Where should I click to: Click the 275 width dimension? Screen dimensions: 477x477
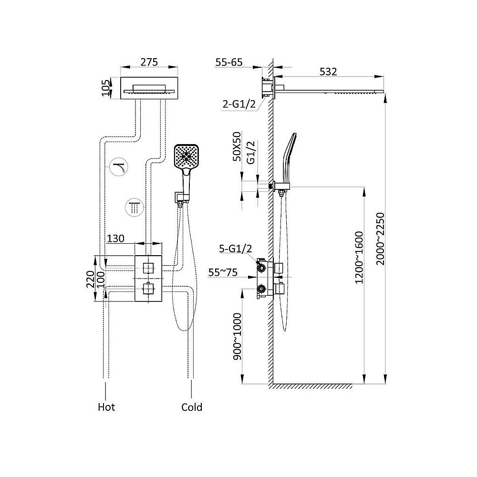click(x=149, y=62)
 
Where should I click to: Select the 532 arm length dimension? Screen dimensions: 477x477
click(x=328, y=72)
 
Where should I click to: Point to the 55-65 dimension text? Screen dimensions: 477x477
click(x=229, y=62)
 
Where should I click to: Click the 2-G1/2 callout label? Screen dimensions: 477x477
click(x=239, y=104)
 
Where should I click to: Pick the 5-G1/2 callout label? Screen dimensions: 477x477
click(x=236, y=249)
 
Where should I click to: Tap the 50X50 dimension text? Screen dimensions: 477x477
click(x=237, y=146)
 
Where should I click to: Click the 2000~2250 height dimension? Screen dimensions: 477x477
click(x=380, y=239)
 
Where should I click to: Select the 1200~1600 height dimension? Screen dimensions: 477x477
click(x=359, y=258)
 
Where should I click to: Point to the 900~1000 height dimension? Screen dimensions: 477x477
click(x=237, y=337)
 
